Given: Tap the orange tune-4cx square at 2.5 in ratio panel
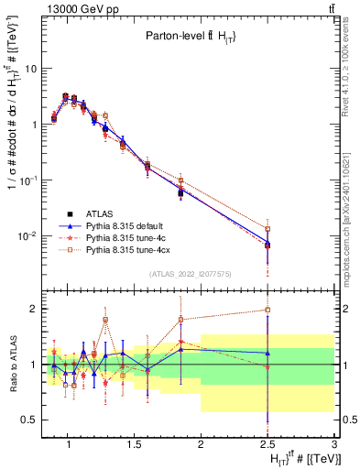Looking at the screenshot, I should coord(267,311).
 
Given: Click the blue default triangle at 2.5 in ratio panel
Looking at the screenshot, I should coord(267,353).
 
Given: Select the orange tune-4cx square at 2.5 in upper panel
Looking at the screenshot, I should coord(267,229).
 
